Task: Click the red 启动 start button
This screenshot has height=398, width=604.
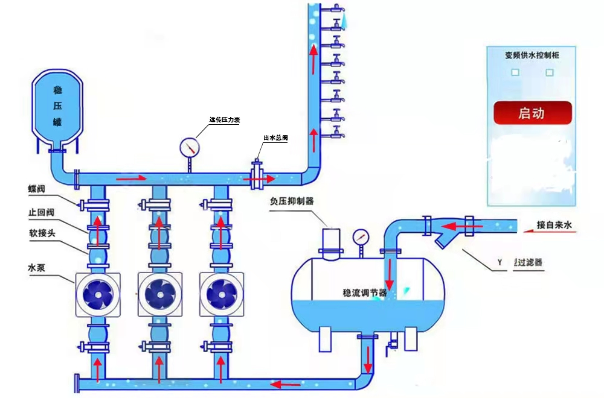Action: tap(532, 113)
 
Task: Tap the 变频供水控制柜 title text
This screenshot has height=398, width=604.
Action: tap(532, 55)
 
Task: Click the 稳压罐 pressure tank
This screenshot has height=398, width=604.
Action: tap(58, 106)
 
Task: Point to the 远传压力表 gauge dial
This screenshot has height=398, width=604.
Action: tap(190, 147)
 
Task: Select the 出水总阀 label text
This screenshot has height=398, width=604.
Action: tap(275, 138)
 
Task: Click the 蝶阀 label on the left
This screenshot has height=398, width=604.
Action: tap(36, 189)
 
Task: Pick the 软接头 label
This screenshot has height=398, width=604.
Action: tap(40, 232)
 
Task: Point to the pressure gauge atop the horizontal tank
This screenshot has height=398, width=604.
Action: tap(361, 236)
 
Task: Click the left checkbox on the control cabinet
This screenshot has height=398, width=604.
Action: tap(515, 72)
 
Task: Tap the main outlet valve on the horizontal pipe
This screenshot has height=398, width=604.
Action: tap(257, 176)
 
